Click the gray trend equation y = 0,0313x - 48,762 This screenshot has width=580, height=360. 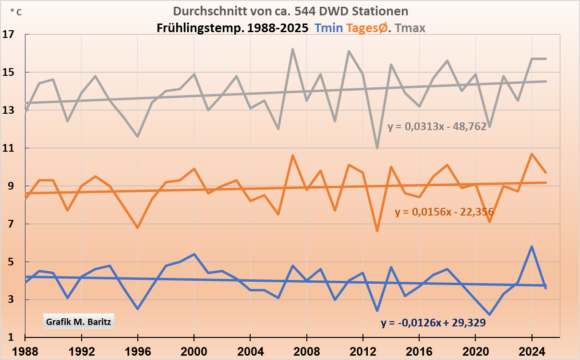440,127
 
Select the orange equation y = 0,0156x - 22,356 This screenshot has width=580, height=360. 444,212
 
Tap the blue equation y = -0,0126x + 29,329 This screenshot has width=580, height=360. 433,323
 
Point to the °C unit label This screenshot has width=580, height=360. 16,12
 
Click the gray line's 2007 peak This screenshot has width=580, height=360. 292,49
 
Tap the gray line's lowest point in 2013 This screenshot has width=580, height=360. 377,148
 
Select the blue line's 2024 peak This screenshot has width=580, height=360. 532,247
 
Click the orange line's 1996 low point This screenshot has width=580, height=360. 138,228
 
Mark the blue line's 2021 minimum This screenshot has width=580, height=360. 489,314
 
